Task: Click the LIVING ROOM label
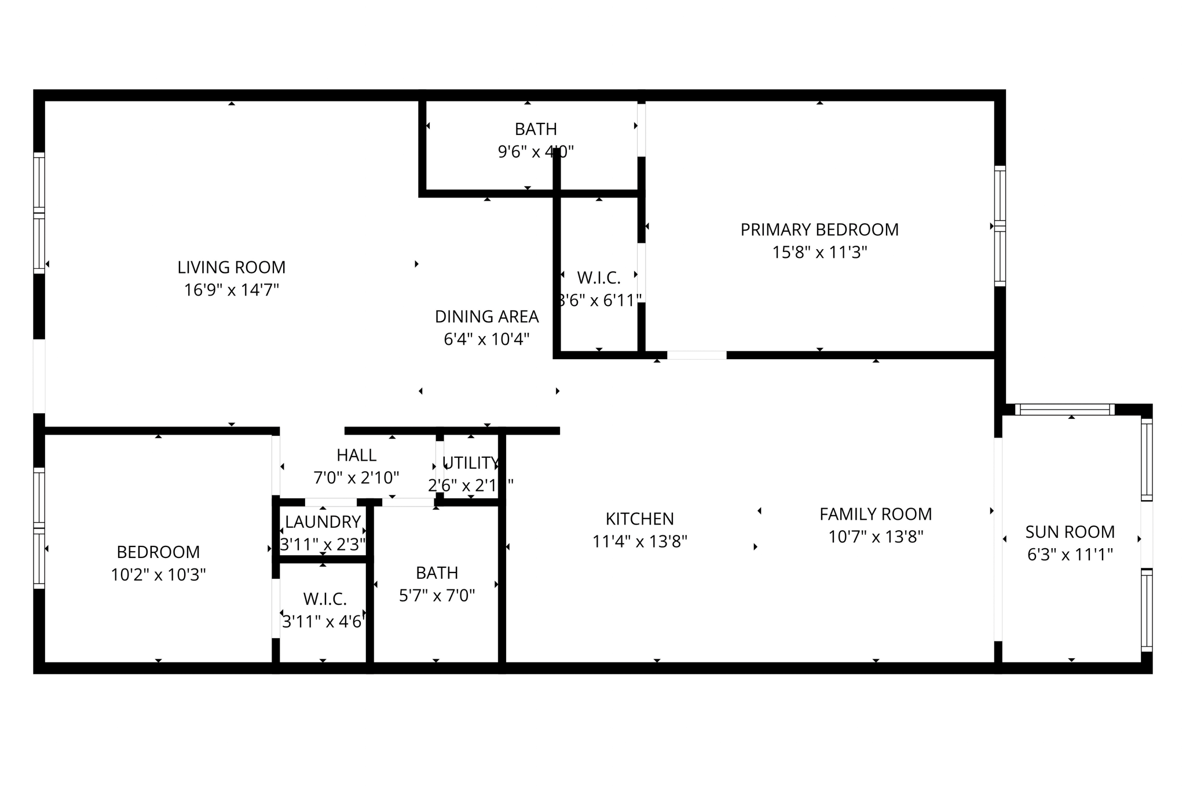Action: (x=231, y=267)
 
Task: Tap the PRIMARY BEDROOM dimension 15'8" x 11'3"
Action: (x=819, y=253)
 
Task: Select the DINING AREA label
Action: (x=486, y=316)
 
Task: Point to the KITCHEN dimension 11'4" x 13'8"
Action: (x=639, y=542)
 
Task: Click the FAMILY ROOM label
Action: (x=875, y=514)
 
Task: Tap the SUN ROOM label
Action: (x=1070, y=532)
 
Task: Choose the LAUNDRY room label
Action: (x=323, y=522)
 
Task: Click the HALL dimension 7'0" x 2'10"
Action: (x=356, y=478)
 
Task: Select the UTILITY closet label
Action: (x=470, y=463)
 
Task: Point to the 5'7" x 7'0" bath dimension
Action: (x=437, y=596)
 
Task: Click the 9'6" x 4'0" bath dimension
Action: (x=536, y=152)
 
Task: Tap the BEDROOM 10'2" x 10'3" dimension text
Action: (x=158, y=575)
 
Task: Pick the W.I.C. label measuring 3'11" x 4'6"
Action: (x=324, y=599)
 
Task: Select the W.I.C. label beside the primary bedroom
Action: (x=599, y=278)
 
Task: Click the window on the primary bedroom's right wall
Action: (x=1000, y=226)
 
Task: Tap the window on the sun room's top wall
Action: (x=1064, y=410)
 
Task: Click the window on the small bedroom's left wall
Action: (x=39, y=528)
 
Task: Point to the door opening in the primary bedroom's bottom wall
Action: (x=697, y=355)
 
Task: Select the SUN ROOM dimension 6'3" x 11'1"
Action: (x=1070, y=555)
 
